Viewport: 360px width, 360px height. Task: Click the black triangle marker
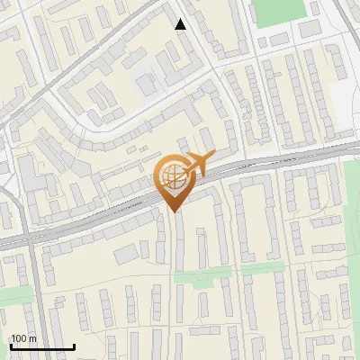[181, 24]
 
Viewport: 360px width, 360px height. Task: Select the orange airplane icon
[199, 164]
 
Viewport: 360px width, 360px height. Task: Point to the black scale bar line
[42, 346]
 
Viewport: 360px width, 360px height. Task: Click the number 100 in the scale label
[19, 338]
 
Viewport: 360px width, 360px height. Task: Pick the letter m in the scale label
[32, 338]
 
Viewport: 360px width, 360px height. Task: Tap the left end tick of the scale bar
[11, 345]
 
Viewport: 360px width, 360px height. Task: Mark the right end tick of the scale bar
[74, 345]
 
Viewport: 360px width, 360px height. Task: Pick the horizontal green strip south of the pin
[202, 277]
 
